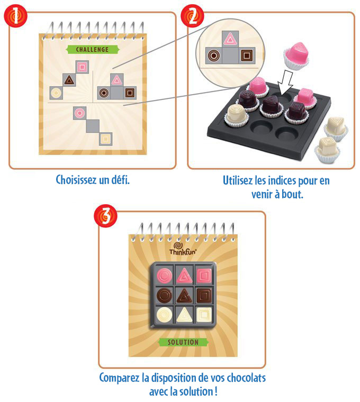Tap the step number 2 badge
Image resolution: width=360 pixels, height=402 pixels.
pyautogui.click(x=192, y=16)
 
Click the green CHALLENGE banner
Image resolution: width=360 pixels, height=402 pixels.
pyautogui.click(x=87, y=50)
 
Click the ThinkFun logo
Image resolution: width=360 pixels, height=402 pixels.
pyautogui.click(x=183, y=250)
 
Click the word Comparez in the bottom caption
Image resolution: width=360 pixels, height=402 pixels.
pyautogui.click(x=122, y=378)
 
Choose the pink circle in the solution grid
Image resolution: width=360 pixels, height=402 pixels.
pyautogui.click(x=164, y=275)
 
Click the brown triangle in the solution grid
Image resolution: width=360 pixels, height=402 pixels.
pyautogui.click(x=183, y=295)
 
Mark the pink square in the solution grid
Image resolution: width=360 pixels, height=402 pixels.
pyautogui.click(x=203, y=275)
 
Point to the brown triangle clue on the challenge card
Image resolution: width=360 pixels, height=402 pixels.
pyautogui.click(x=69, y=80)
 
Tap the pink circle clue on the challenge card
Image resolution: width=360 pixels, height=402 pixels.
pyautogui.click(x=79, y=112)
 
